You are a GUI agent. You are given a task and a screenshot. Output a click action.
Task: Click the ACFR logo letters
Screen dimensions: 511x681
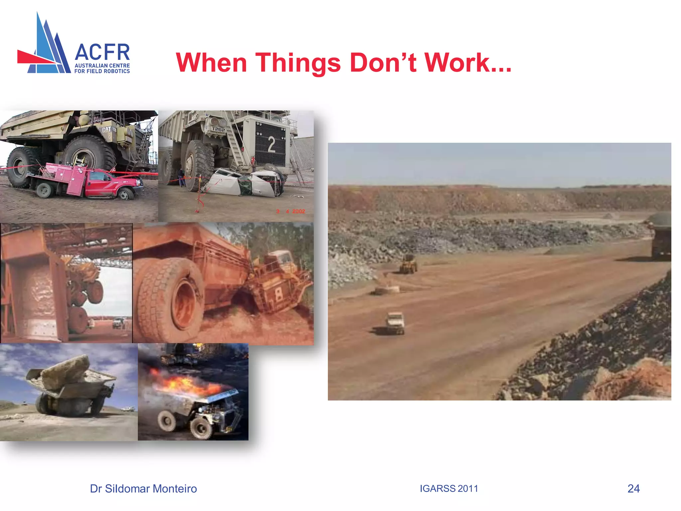click(102, 52)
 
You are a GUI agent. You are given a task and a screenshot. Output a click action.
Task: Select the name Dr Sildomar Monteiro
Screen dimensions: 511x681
click(143, 489)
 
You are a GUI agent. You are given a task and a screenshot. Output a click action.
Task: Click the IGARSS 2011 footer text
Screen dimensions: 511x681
click(449, 488)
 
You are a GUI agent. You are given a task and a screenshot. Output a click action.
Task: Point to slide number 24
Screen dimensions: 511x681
click(633, 488)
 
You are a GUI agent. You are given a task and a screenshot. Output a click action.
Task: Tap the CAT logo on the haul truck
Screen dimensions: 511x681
click(107, 129)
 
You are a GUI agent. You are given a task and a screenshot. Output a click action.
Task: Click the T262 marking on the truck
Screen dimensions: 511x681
click(218, 129)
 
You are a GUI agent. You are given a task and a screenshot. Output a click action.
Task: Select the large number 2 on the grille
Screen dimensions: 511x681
click(271, 145)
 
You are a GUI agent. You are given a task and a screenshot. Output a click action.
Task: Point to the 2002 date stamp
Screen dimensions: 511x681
click(298, 211)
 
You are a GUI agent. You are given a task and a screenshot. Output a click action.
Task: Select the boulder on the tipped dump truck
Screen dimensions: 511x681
click(67, 369)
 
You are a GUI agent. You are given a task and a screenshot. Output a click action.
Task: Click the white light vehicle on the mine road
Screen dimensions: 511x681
click(395, 322)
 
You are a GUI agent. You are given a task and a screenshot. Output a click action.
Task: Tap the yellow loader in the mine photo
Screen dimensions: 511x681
click(408, 264)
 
